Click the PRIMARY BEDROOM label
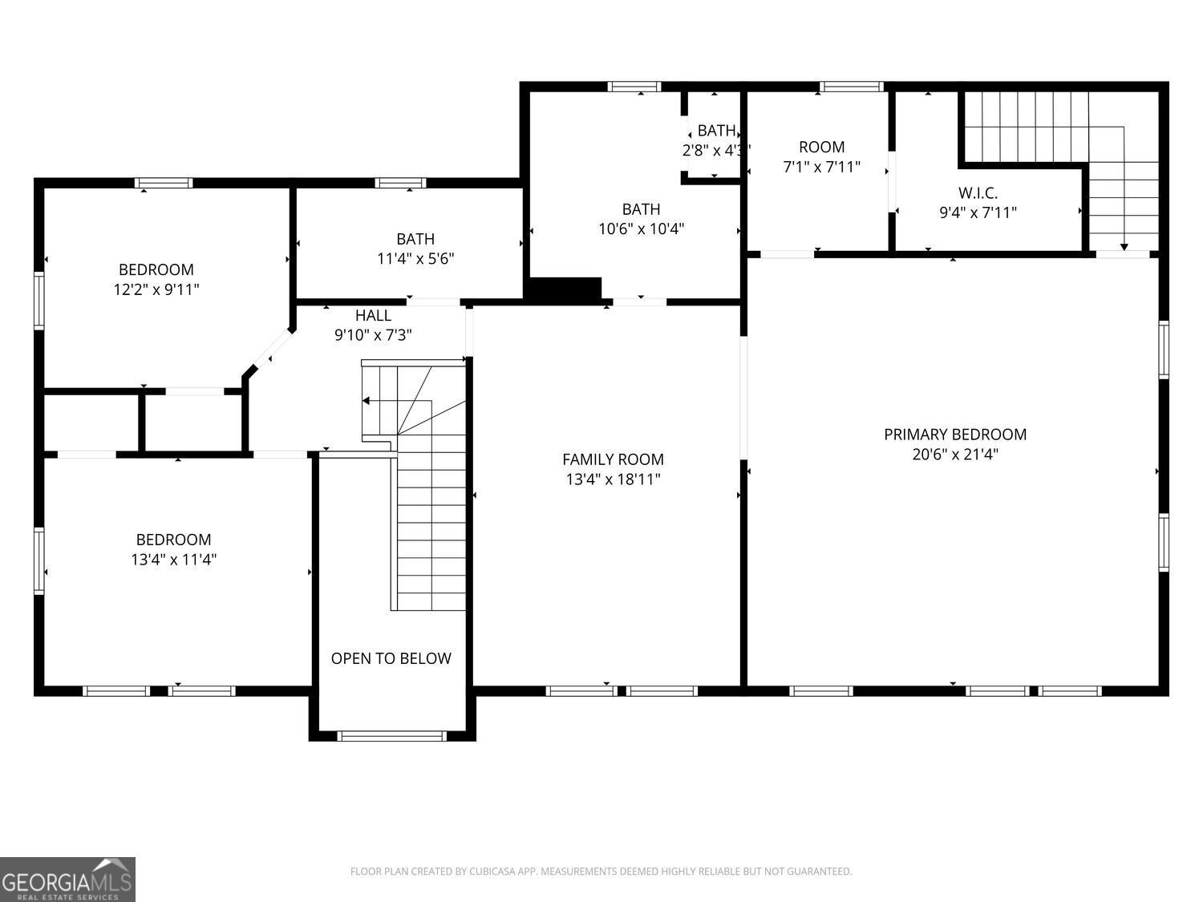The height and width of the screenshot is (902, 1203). (954, 435)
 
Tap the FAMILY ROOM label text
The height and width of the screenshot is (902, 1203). (613, 459)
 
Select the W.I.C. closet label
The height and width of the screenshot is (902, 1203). (978, 193)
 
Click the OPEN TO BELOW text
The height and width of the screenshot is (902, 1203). (391, 658)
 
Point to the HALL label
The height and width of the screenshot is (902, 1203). (373, 316)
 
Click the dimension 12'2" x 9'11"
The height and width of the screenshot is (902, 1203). (156, 289)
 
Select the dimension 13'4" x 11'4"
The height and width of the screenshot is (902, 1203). (173, 560)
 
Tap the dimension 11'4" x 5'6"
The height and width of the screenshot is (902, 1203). (415, 259)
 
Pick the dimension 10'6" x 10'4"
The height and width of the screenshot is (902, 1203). (641, 229)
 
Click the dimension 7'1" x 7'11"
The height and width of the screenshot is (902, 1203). (821, 167)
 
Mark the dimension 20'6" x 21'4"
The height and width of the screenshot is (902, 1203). (954, 455)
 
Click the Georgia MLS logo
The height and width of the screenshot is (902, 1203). (67, 880)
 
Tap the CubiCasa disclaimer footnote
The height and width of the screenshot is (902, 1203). (601, 872)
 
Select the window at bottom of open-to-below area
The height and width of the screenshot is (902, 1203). (391, 735)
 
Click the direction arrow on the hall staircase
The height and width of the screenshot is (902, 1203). (367, 400)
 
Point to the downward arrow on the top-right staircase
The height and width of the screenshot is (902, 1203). (1124, 245)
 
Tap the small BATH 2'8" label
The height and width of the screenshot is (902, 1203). (715, 131)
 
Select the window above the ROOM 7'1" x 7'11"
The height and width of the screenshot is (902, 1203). (851, 87)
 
